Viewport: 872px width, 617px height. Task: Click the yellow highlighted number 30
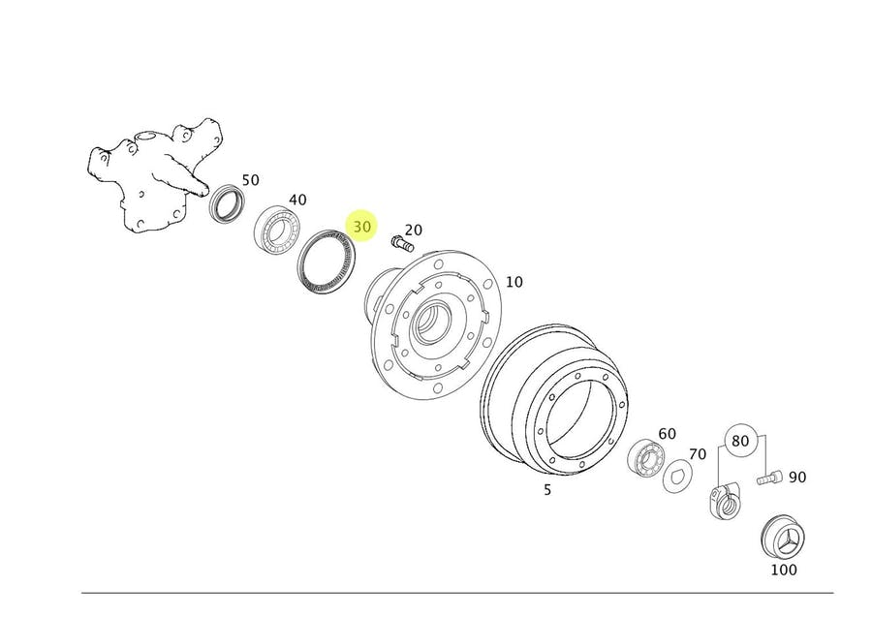361,227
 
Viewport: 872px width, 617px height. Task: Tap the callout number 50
250,180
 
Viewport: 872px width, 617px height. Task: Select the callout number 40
297,200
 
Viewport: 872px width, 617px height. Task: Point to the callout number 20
413,230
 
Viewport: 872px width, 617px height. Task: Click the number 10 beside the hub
514,282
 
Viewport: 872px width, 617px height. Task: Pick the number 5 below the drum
547,490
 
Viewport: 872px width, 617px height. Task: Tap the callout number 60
668,434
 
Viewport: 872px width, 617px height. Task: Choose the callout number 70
698,454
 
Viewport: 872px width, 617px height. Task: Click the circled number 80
740,441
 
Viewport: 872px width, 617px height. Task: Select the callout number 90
797,477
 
